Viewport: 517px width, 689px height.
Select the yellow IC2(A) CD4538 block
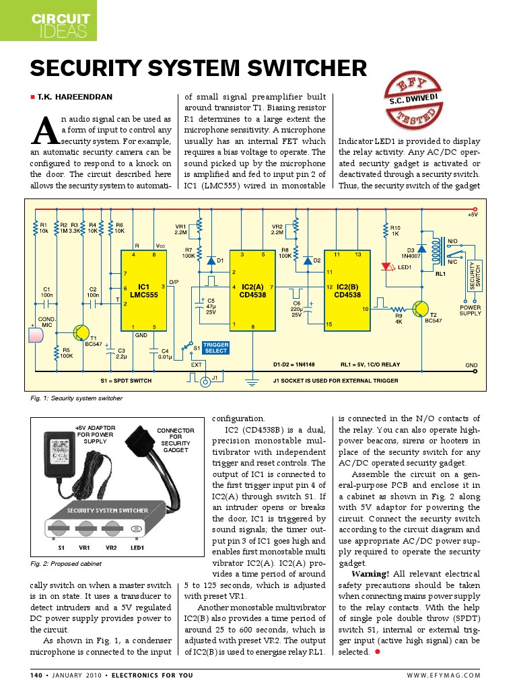pos(252,290)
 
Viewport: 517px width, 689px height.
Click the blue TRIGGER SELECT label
pos(215,347)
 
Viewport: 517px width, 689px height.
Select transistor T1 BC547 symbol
pos(82,332)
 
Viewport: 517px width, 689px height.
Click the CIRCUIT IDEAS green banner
pos(48,21)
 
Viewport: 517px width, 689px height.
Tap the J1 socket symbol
pos(205,381)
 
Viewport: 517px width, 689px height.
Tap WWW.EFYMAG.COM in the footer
pos(444,675)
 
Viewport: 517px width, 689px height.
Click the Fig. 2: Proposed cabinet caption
pos(66,563)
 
